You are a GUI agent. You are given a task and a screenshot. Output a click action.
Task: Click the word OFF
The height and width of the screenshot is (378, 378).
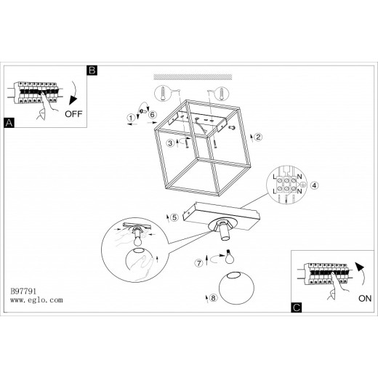73,113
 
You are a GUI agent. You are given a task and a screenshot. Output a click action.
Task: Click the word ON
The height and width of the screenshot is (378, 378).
365,298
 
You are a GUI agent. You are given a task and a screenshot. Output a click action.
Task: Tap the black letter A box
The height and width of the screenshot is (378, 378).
9,123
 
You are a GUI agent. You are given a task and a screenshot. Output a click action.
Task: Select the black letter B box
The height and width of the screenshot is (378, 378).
92,71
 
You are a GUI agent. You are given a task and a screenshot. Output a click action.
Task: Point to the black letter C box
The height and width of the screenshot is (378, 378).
297,307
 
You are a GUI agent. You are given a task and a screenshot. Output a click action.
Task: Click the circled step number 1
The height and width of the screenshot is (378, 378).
131,118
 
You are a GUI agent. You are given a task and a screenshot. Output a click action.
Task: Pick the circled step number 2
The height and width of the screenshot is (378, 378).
258,137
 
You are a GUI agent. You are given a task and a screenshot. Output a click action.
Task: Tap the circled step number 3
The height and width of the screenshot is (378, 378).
170,143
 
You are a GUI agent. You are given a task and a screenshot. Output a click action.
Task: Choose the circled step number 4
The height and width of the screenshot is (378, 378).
314,185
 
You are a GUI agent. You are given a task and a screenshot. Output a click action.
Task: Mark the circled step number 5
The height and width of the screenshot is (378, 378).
174,217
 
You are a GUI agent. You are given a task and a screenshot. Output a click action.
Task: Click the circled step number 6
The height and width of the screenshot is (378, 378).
153,114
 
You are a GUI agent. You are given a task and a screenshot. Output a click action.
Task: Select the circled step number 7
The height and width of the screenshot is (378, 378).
199,263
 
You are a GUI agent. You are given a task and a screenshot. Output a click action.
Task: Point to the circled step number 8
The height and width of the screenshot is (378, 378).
213,298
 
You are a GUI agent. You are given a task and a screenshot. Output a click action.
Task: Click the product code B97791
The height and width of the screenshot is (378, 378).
23,291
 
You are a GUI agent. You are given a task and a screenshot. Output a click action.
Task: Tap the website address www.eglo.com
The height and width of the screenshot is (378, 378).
36,300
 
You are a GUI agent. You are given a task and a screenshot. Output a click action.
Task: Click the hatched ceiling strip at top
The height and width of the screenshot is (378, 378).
193,77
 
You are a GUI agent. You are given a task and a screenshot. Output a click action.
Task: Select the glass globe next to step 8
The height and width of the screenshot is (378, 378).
236,288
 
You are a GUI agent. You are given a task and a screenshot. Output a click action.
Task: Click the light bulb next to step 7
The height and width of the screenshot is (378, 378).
229,257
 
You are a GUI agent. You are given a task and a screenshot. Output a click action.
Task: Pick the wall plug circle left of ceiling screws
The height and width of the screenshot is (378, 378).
163,93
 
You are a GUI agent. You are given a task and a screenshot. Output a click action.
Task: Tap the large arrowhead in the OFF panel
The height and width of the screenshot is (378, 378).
72,100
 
